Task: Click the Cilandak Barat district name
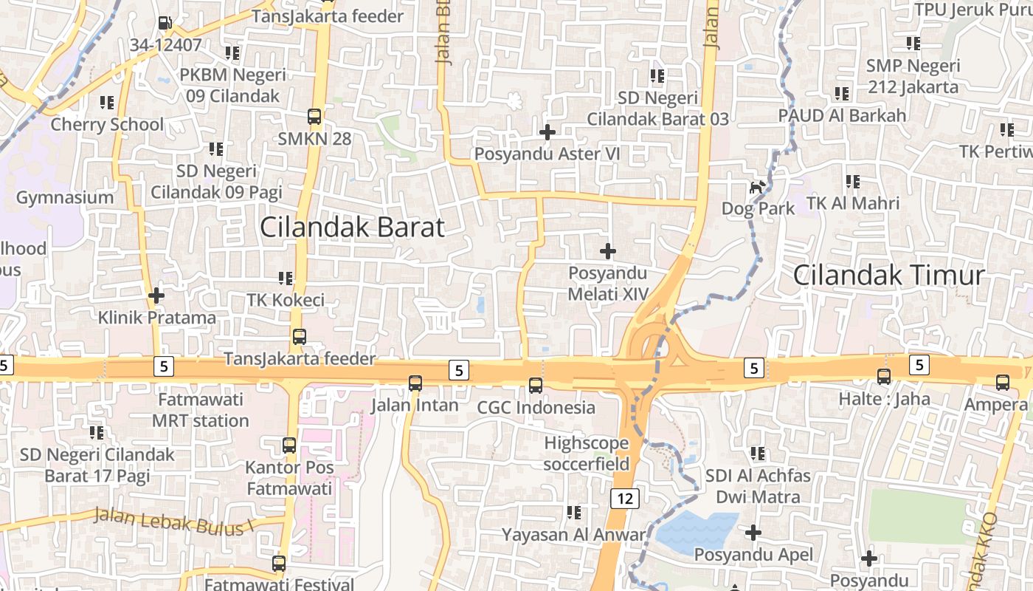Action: point(352,228)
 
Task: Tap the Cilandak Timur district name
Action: point(888,276)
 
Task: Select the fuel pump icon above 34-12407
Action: point(166,24)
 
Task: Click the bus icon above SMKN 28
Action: point(314,117)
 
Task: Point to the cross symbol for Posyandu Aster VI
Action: point(547,132)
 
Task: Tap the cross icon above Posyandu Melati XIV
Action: point(607,252)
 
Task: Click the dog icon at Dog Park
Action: point(756,188)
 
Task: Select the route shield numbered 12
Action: point(624,499)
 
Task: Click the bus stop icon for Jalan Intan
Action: point(415,383)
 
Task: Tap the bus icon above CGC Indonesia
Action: point(536,385)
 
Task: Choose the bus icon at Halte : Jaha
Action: point(884,377)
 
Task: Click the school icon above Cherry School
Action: point(107,103)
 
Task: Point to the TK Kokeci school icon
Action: point(286,279)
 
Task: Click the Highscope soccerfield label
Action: point(587,454)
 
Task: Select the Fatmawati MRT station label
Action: point(201,411)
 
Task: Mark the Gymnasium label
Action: point(65,197)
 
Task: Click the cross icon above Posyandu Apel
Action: point(753,533)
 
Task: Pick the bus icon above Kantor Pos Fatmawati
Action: point(289,445)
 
